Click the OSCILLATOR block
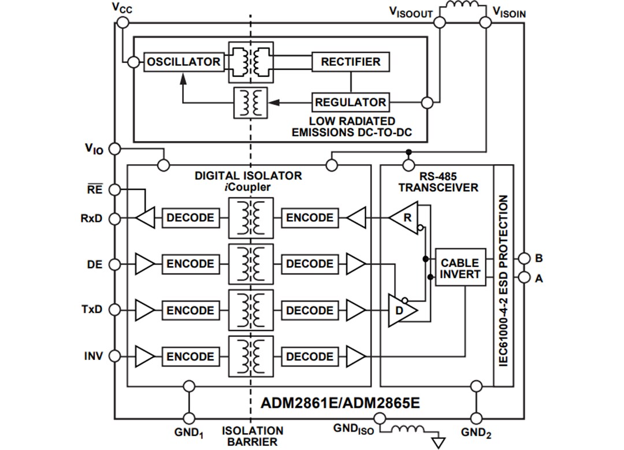[x=183, y=62]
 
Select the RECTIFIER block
[x=350, y=62]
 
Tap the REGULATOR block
[x=350, y=102]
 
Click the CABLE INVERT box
[x=460, y=268]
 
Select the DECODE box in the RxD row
[x=190, y=218]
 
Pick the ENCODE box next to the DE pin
[x=190, y=264]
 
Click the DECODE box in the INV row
[x=310, y=357]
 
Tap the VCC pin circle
[x=122, y=22]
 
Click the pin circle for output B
[x=523, y=258]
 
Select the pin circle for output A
[x=523, y=278]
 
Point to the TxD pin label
[x=91, y=310]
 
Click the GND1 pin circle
[x=188, y=418]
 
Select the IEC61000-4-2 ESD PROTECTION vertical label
[x=503, y=276]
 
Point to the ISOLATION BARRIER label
[x=252, y=436]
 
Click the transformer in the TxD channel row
[x=251, y=311]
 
